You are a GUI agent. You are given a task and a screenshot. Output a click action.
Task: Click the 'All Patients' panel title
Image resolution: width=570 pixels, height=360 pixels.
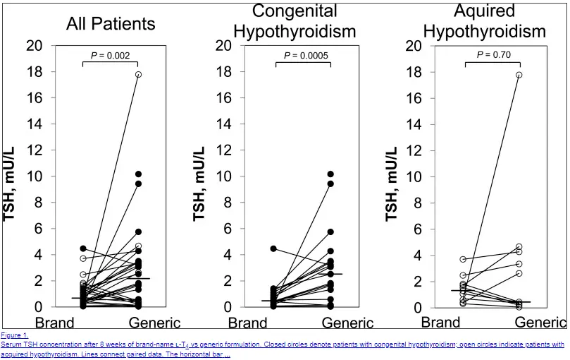click(111, 24)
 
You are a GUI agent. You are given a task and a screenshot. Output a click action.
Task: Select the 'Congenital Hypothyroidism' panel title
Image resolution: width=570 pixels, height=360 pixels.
click(295, 21)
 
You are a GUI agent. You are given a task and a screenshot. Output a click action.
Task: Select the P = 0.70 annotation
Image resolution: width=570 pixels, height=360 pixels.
click(492, 54)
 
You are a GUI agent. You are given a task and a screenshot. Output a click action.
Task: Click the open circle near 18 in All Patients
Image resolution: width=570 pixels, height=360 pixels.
click(139, 74)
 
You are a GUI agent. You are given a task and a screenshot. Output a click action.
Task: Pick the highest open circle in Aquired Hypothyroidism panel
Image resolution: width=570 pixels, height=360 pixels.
click(519, 75)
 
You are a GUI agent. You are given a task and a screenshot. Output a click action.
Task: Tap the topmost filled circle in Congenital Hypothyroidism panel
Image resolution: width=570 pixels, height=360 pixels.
click(330, 174)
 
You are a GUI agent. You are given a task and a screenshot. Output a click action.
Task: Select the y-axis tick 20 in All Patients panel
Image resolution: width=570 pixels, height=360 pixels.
click(34, 46)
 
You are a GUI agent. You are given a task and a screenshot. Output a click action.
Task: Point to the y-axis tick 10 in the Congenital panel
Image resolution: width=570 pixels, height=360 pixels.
click(225, 176)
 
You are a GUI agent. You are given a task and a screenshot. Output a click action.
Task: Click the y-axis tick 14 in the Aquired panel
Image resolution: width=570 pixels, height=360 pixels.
click(416, 124)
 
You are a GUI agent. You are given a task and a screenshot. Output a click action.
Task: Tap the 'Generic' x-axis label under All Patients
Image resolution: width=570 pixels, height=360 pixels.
click(154, 323)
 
